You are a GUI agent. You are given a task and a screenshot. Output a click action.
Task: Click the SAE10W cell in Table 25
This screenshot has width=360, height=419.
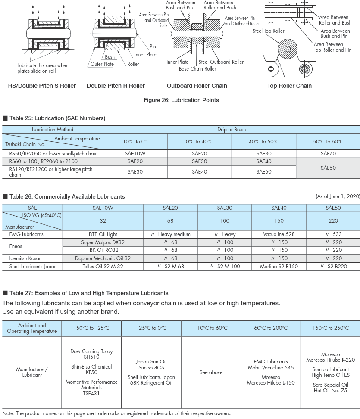pyautogui.click(x=135, y=154)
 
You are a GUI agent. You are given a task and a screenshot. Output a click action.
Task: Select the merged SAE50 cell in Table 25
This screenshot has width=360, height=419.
pyautogui.click(x=328, y=168)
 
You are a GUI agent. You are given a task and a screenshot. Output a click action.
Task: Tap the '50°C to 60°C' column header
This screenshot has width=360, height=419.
pyautogui.click(x=328, y=142)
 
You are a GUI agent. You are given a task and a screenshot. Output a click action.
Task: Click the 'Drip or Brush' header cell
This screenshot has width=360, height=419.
pyautogui.click(x=232, y=130)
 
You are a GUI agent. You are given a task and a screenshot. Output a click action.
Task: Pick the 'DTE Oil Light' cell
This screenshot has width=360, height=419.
pyautogui.click(x=103, y=234)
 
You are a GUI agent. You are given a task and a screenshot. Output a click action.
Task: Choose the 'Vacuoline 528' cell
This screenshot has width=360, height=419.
pyautogui.click(x=279, y=234)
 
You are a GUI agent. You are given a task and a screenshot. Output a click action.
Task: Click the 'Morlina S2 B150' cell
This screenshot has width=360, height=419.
pyautogui.click(x=279, y=267)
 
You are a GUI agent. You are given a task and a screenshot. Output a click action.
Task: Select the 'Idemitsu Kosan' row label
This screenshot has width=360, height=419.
pyautogui.click(x=26, y=258)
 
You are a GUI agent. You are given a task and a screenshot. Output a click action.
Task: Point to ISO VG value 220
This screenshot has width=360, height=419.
pyautogui.click(x=333, y=221)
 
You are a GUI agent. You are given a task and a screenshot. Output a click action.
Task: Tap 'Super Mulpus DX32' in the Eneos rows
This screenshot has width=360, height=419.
pyautogui.click(x=103, y=242)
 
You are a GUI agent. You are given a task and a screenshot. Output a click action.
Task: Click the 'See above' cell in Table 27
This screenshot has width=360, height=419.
pyautogui.click(x=211, y=372)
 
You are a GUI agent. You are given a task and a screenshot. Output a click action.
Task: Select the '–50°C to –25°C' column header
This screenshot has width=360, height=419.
pyautogui.click(x=91, y=328)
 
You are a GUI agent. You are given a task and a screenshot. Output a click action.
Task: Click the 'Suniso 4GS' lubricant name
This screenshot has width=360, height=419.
pyautogui.click(x=151, y=368)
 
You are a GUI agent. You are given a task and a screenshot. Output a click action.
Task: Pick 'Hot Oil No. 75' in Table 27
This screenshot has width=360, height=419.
pyautogui.click(x=330, y=391)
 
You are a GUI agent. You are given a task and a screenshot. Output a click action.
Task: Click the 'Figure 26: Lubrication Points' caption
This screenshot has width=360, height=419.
pyautogui.click(x=181, y=100)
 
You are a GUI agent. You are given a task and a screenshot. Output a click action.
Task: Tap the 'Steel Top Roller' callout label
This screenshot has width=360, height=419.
pyautogui.click(x=268, y=31)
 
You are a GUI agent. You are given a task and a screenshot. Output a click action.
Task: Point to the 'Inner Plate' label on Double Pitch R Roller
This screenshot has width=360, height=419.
pyautogui.click(x=145, y=55)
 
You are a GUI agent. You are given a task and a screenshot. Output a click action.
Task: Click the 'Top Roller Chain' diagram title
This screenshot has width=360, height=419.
pyautogui.click(x=289, y=86)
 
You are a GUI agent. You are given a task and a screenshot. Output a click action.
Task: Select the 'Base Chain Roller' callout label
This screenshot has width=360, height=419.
pyautogui.click(x=197, y=69)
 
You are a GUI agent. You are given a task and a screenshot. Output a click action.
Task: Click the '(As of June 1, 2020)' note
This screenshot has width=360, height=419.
pyautogui.click(x=338, y=196)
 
